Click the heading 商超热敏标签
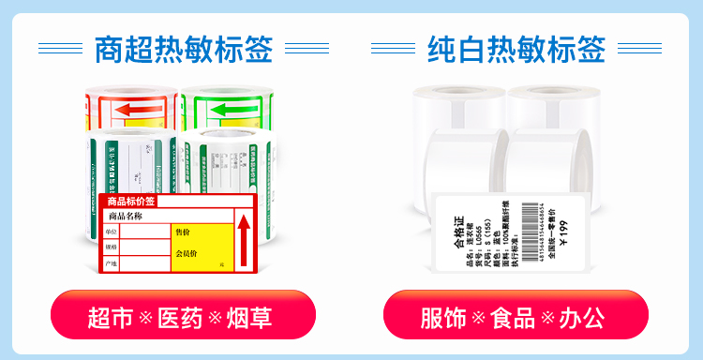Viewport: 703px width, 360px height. coord(184,49)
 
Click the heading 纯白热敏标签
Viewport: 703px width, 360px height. coord(516,49)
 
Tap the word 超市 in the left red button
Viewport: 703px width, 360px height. coord(110,319)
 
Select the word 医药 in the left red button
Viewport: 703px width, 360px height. coord(179,319)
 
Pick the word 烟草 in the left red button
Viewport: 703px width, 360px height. coord(248,319)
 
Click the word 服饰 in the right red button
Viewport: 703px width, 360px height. coord(443,319)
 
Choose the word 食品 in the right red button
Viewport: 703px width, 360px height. coord(513,319)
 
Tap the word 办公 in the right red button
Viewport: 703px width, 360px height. coord(582,319)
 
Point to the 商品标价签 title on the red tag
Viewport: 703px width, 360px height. coord(130,202)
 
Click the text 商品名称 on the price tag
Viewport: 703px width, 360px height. coord(125,217)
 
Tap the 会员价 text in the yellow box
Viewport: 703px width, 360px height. coord(186,253)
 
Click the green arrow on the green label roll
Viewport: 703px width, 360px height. coord(228,110)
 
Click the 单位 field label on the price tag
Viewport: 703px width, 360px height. coord(112,232)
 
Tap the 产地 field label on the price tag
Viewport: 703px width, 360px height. coord(112,263)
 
